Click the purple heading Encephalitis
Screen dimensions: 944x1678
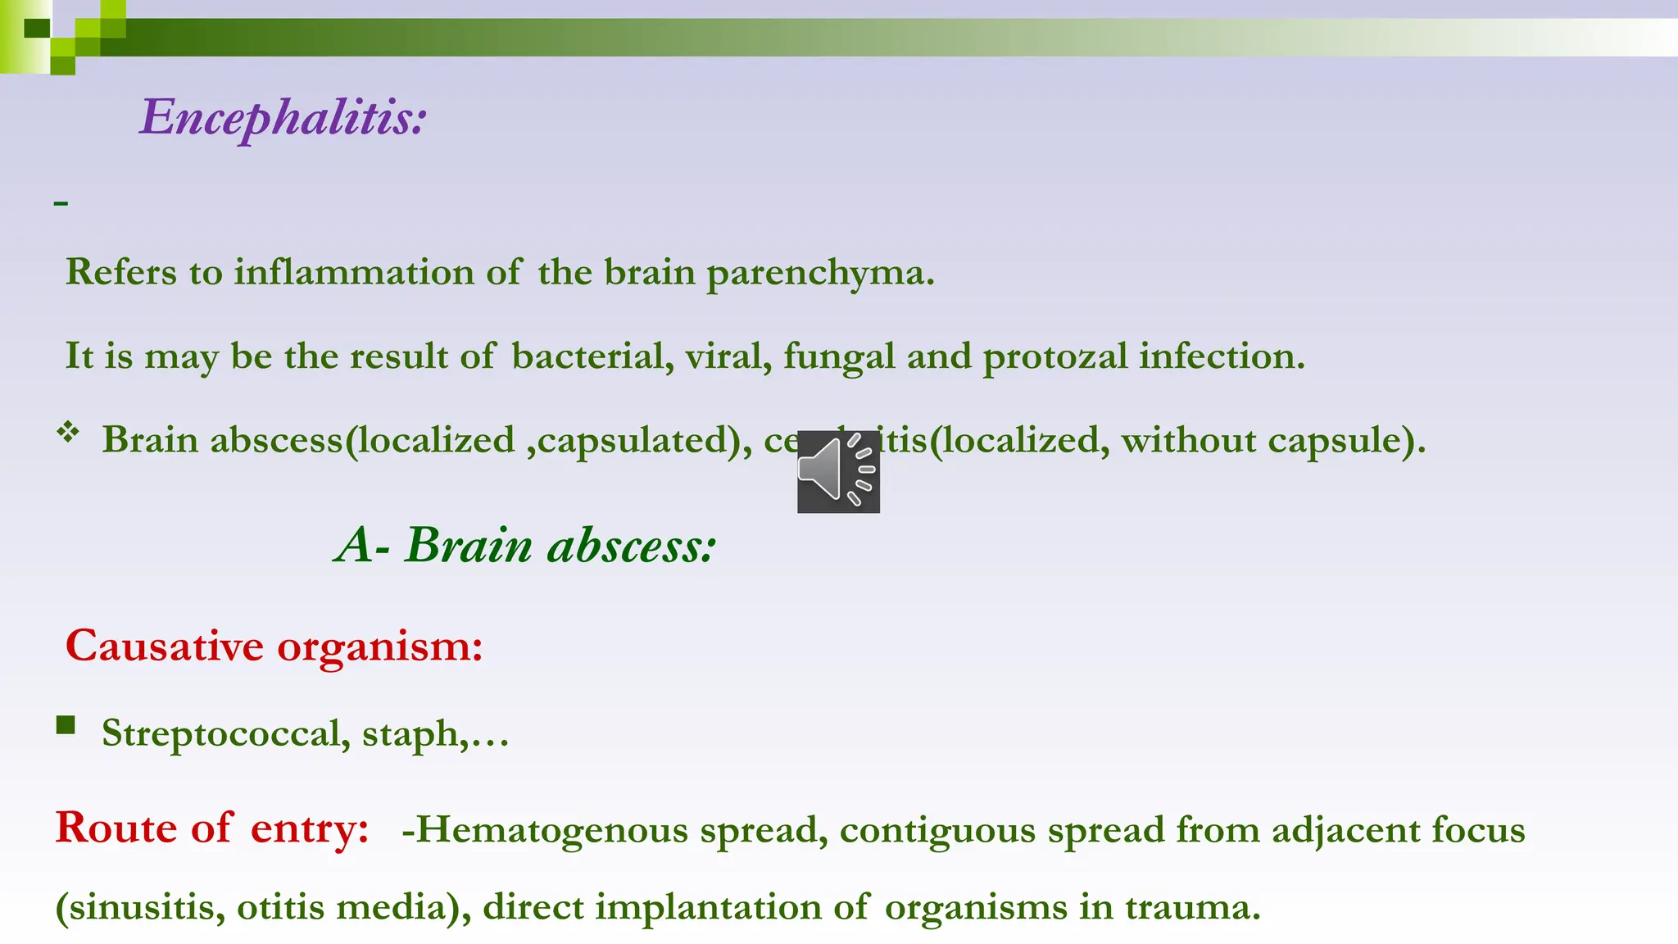click(283, 117)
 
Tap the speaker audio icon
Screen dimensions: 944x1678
click(838, 472)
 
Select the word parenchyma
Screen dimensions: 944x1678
click(819, 273)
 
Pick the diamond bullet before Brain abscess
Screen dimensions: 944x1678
click(68, 432)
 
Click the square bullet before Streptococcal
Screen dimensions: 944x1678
click(66, 725)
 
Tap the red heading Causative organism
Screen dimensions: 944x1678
click(274, 646)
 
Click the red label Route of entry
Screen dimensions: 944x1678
click(212, 828)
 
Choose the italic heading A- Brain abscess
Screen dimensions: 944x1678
click(525, 545)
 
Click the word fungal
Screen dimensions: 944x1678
click(839, 356)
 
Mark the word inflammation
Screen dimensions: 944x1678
click(353, 272)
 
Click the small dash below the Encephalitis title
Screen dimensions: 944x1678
click(61, 202)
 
